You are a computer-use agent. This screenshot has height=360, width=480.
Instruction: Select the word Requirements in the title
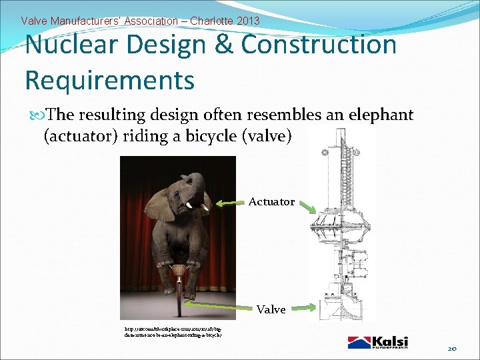click(x=109, y=81)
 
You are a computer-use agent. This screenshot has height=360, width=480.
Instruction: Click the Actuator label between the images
click(x=271, y=202)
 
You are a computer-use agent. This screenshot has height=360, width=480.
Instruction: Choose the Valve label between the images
click(x=271, y=309)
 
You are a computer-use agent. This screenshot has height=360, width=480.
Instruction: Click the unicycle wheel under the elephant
click(x=178, y=293)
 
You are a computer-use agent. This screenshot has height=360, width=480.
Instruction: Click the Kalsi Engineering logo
click(x=377, y=342)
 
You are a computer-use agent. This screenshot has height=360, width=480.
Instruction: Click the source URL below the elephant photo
click(x=173, y=332)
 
